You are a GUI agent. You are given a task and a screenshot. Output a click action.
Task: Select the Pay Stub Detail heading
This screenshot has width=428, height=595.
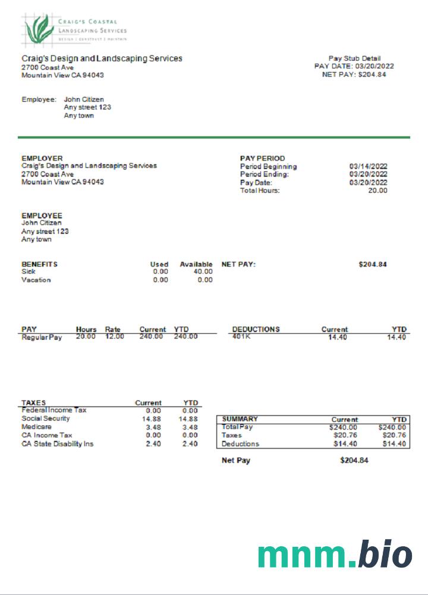[354, 58]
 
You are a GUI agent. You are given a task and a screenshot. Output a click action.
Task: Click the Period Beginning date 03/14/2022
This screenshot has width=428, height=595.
[368, 167]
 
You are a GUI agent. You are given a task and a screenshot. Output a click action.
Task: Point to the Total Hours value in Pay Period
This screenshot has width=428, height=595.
[377, 190]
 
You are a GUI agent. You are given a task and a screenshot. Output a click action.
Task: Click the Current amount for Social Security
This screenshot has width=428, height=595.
[153, 418]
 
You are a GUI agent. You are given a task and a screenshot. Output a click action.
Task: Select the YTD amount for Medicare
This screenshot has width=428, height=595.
[190, 427]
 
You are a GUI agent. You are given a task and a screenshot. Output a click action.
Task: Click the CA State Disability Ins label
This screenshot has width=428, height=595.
[57, 443]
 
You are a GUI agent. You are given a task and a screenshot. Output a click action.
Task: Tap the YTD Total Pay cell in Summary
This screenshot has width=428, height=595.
[392, 427]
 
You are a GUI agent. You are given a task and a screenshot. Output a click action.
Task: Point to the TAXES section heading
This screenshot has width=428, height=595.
[33, 403]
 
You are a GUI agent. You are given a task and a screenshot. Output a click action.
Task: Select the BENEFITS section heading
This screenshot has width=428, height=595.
[39, 264]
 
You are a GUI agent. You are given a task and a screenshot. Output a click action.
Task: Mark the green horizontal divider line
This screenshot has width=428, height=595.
[214, 137]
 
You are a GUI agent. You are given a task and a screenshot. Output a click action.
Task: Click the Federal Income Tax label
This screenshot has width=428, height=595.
[54, 410]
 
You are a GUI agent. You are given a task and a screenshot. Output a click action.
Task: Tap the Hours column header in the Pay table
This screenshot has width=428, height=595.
[86, 329]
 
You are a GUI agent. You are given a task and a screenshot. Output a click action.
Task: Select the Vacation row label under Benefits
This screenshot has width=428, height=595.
[36, 280]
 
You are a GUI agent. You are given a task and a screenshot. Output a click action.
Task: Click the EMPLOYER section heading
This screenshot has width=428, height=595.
[42, 158]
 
